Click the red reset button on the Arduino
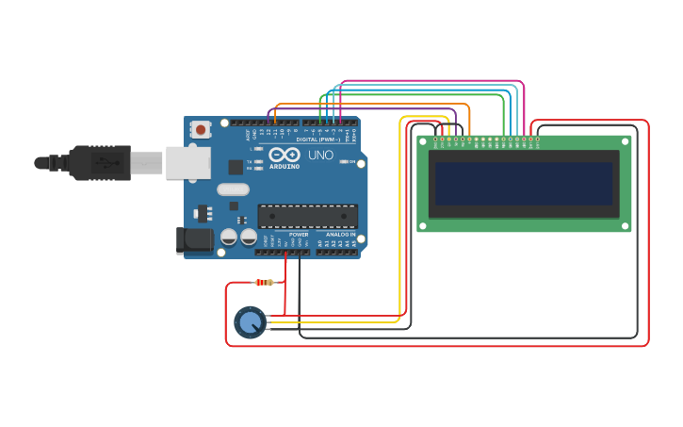(x=202, y=129)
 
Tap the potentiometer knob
(x=250, y=322)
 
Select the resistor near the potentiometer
(x=265, y=282)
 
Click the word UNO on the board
(x=320, y=155)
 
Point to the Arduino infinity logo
(x=284, y=155)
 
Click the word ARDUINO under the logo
(x=285, y=167)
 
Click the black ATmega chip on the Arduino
(x=307, y=216)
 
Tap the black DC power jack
(x=195, y=240)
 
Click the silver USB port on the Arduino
(x=187, y=162)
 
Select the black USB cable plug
(x=99, y=162)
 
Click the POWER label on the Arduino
(x=299, y=234)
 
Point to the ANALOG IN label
(x=340, y=234)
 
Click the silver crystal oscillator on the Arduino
(x=233, y=189)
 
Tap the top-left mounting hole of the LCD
(x=423, y=141)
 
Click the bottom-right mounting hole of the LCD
(x=625, y=226)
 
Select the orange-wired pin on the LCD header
(x=469, y=140)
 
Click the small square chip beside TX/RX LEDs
(x=236, y=167)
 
